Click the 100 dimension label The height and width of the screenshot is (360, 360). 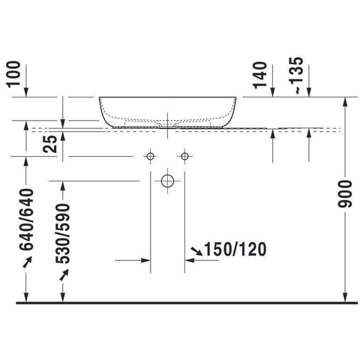(x=13, y=74)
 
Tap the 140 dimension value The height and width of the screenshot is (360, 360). (x=260, y=75)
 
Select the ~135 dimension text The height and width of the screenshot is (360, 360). (x=298, y=76)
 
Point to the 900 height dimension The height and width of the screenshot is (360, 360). (x=345, y=194)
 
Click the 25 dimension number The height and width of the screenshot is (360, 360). (x=50, y=144)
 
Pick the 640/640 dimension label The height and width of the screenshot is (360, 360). (x=26, y=220)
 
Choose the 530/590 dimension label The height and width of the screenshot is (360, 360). (x=62, y=233)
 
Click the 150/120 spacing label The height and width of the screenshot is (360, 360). (x=235, y=250)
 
